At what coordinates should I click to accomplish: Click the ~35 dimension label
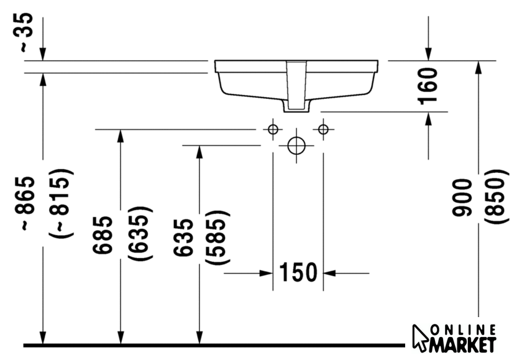coord(26,32)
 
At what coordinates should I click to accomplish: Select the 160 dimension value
coord(428,86)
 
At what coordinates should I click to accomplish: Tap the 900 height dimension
coord(462,197)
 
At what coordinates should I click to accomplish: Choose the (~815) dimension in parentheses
coord(62,203)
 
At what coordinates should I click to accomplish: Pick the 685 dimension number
coord(103,235)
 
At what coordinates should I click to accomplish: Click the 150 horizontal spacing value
coord(298,272)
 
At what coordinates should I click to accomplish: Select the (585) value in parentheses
coord(217,238)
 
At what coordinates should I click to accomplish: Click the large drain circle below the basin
coord(296,145)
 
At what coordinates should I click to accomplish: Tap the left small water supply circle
coord(273,129)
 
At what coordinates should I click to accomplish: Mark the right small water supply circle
coord(323,129)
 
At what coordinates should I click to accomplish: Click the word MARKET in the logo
coord(463,344)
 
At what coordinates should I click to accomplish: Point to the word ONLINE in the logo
coord(464,330)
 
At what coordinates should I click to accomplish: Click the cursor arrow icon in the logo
coord(420,338)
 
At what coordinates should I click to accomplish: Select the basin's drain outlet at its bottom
coord(296,106)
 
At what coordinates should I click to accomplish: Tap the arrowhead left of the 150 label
coord(267,274)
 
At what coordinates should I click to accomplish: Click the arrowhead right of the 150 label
coord(329,274)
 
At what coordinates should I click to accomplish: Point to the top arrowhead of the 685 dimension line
coord(121,136)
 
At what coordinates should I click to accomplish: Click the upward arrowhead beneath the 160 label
coord(428,119)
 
